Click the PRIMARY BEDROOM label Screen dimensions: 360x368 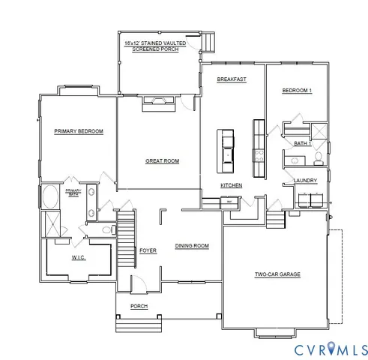coord(79,131)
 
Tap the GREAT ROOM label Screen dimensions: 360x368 coord(162,160)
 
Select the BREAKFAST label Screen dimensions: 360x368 coord(232,79)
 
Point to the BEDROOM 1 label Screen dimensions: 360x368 coord(297,91)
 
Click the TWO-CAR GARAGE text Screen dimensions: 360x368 coord(277,274)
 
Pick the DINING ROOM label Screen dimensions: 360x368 coord(192,245)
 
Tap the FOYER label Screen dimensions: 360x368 coord(148,250)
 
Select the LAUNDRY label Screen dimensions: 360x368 coord(305,180)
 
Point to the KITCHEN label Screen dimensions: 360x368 coord(231,185)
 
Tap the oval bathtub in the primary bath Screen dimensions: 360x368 coord(51,198)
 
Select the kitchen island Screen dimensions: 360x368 coord(226,146)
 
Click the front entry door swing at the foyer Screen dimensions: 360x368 coord(138,283)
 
